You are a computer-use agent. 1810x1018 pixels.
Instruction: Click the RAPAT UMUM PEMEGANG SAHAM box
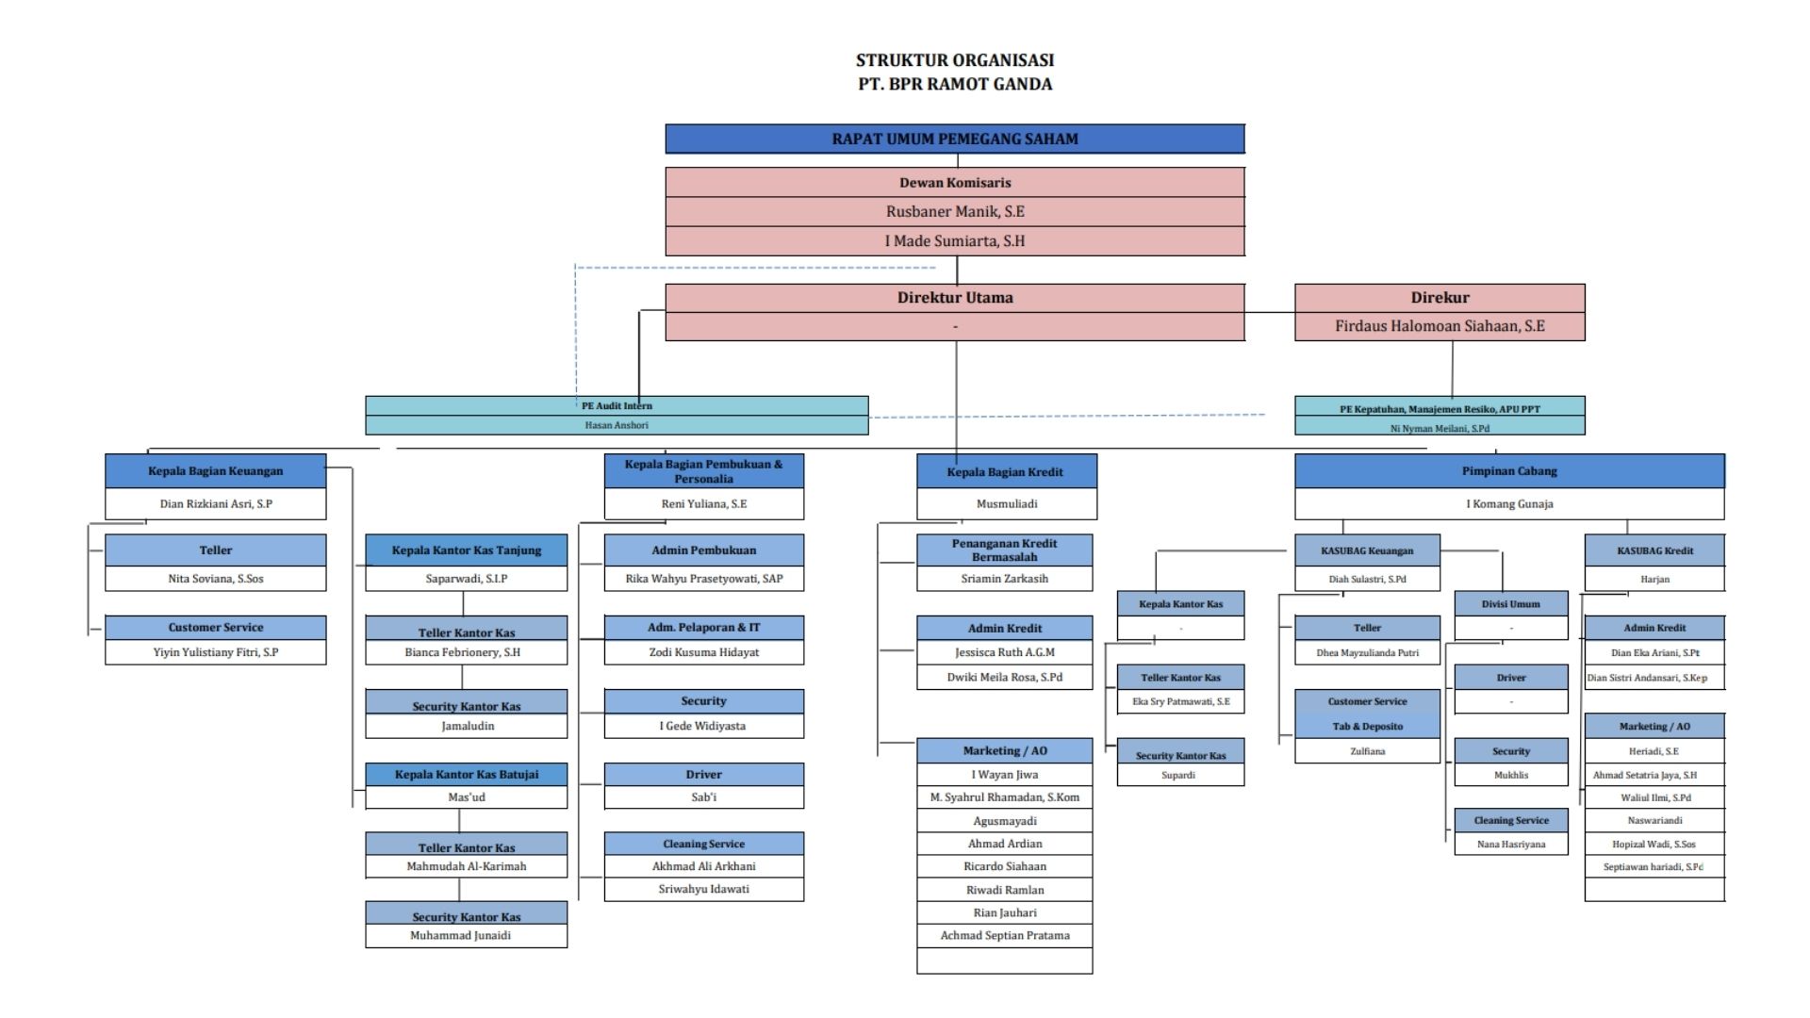pyautogui.click(x=954, y=139)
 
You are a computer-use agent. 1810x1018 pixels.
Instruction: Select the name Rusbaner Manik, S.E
pyautogui.click(x=954, y=211)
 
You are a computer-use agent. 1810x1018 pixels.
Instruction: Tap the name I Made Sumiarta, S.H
pyautogui.click(x=954, y=240)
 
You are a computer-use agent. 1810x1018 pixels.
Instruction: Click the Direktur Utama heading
pyautogui.click(x=954, y=297)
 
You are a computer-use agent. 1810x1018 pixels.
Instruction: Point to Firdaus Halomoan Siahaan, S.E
pyautogui.click(x=1439, y=326)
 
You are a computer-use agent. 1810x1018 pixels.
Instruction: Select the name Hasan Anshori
pyautogui.click(x=617, y=425)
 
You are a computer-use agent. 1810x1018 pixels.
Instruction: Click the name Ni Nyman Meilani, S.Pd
pyautogui.click(x=1439, y=428)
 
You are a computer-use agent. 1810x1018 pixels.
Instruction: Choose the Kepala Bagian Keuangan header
pyautogui.click(x=215, y=470)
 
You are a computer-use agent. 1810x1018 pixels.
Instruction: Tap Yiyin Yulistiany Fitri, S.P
pyautogui.click(x=215, y=652)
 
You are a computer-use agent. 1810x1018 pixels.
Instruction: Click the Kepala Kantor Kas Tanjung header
pyautogui.click(x=466, y=550)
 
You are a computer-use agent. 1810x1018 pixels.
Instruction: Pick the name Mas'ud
pyautogui.click(x=466, y=797)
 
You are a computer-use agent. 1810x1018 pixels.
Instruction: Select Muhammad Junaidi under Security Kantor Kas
pyautogui.click(x=460, y=936)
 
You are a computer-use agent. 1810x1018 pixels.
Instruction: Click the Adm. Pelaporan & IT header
pyautogui.click(x=703, y=628)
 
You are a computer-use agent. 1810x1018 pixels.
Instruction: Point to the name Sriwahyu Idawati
pyautogui.click(x=703, y=889)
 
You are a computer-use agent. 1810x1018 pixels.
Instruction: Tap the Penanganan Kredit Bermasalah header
pyautogui.click(x=1004, y=550)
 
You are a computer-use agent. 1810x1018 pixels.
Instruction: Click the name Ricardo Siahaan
pyautogui.click(x=1004, y=866)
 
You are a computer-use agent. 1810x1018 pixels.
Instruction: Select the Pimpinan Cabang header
pyautogui.click(x=1508, y=470)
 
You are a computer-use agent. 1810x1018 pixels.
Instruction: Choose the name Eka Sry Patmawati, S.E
pyautogui.click(x=1180, y=702)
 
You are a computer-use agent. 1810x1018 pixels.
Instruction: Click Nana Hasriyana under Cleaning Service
pyautogui.click(x=1510, y=845)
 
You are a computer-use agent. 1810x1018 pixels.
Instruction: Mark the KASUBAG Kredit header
pyautogui.click(x=1654, y=550)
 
